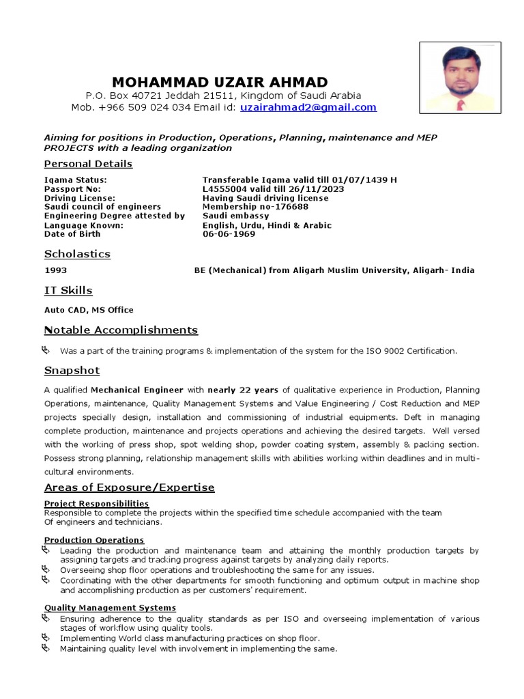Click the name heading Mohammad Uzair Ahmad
pos(220,81)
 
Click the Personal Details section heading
pos(88,164)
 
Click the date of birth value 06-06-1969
pos(229,234)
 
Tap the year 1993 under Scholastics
pos(56,270)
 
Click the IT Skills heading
pos(68,291)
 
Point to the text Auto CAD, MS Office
pos(89,310)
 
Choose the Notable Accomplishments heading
pos(121,330)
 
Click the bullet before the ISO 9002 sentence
pos(46,350)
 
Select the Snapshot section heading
pos(72,371)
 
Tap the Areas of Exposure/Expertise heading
pos(129,487)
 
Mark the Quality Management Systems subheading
pos(110,608)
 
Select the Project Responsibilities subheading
pos(96,504)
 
